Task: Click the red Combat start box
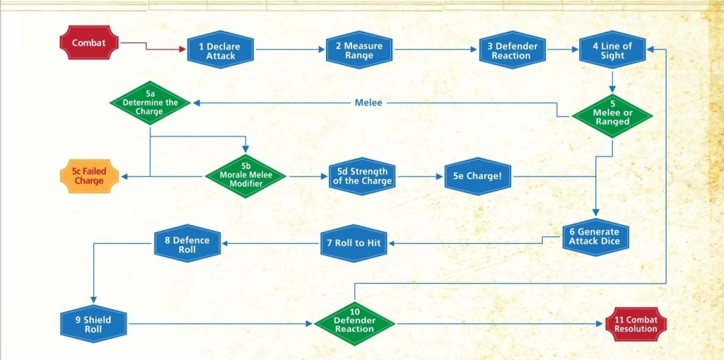88,42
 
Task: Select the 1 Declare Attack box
221,50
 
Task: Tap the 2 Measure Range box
359,50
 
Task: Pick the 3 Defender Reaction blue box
512,50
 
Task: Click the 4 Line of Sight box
613,50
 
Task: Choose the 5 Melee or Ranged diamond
612,116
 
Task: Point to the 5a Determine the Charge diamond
150,103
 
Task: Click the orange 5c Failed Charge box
89,175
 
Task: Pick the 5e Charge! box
477,175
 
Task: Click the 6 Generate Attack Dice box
595,236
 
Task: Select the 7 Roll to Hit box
354,243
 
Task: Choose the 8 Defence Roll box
187,244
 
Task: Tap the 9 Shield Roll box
93,324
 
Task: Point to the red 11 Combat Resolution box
636,324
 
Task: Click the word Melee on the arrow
368,103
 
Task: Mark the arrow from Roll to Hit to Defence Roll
270,243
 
